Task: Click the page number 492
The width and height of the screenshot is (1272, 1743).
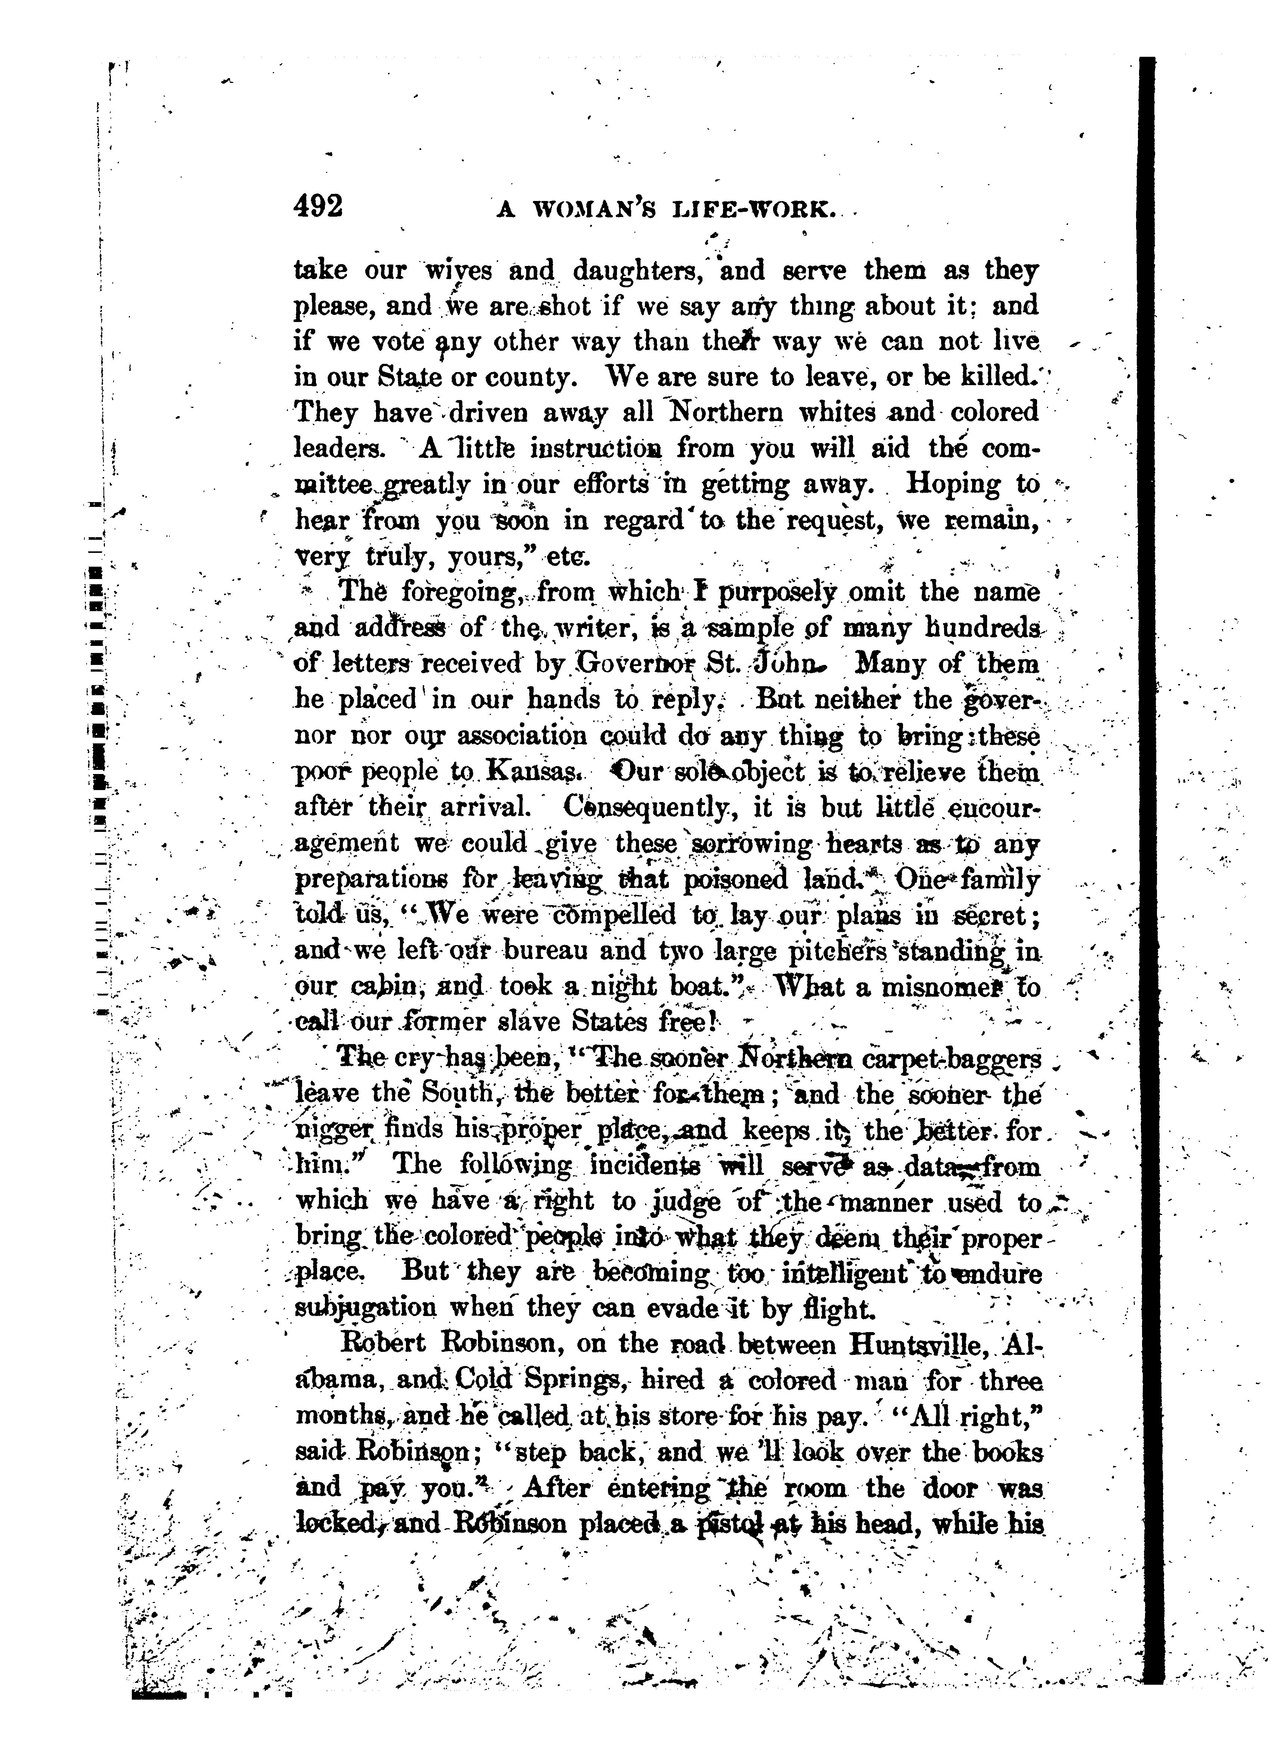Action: (x=319, y=208)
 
